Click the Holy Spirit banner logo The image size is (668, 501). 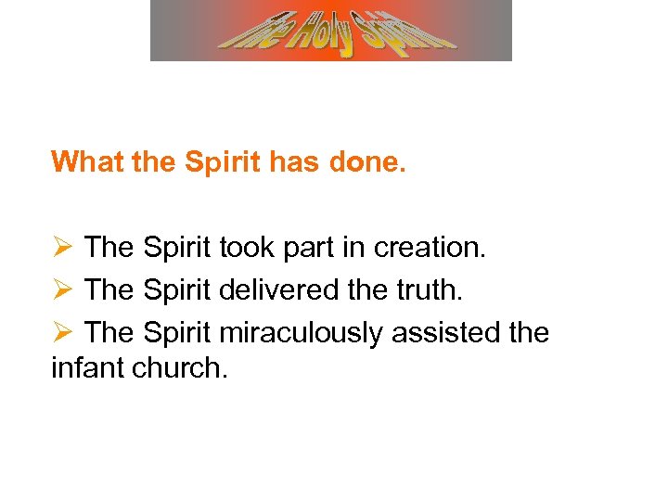pyautogui.click(x=331, y=31)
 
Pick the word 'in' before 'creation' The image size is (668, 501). pyautogui.click(x=356, y=248)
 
